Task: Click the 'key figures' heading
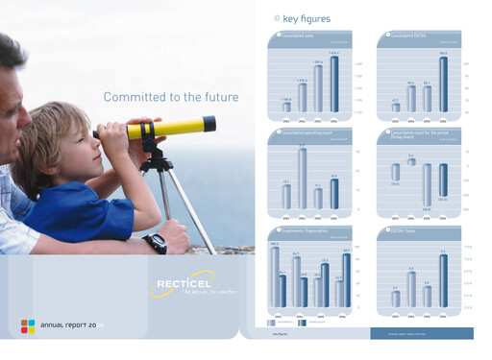point(306,18)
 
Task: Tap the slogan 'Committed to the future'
point(170,97)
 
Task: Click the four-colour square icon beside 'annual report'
point(28,325)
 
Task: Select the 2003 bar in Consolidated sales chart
point(286,107)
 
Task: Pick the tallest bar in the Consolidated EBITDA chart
point(443,84)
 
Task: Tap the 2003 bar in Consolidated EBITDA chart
point(395,107)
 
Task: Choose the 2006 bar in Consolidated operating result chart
point(334,193)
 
